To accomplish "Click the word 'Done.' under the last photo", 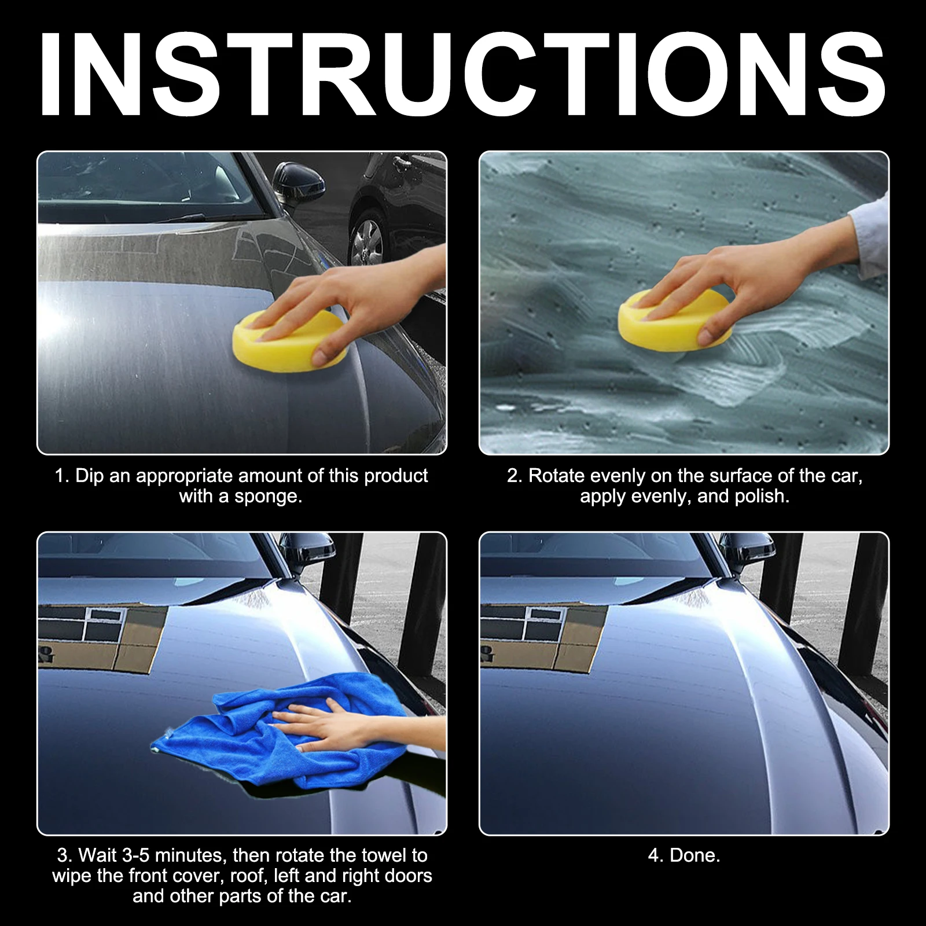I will (x=694, y=855).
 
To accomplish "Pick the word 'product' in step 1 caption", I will (x=396, y=476).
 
